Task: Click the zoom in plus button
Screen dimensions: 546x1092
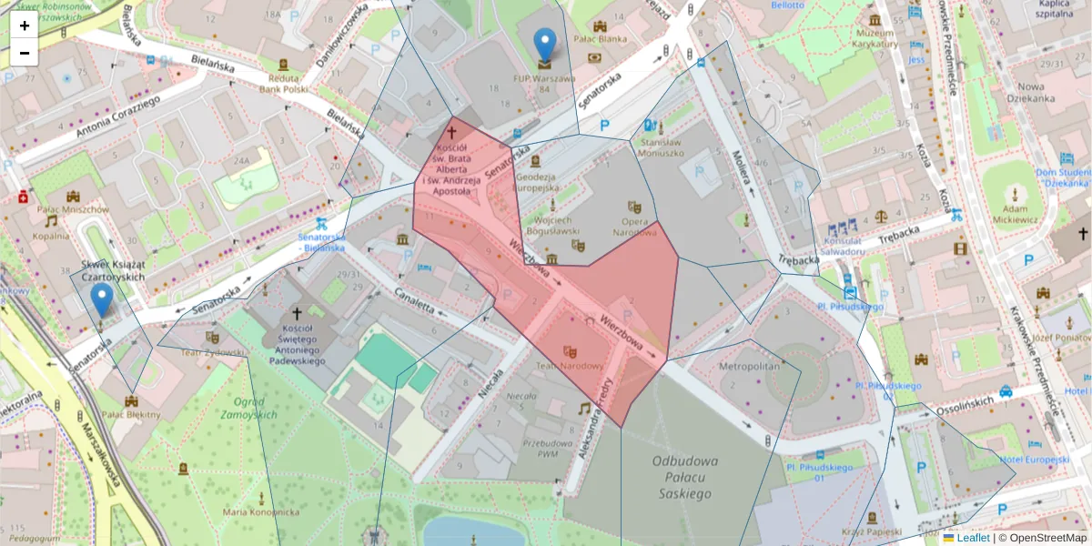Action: point(24,25)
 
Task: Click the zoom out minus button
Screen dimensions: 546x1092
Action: point(24,53)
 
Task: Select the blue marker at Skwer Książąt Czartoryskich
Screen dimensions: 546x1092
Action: point(102,298)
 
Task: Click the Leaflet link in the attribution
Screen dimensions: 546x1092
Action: point(972,538)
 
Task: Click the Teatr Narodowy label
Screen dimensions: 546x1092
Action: point(570,366)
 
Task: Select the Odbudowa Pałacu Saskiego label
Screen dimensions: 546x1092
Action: point(681,477)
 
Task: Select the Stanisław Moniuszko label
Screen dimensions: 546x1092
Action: point(662,147)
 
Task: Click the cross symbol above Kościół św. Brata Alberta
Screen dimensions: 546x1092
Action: point(451,132)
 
